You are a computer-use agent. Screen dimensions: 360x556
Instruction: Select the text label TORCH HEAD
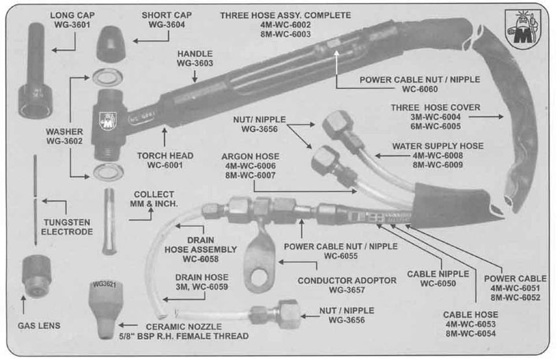click(x=165, y=155)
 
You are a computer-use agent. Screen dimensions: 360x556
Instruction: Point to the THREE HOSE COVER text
click(x=435, y=107)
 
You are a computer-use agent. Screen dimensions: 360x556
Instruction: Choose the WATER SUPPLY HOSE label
click(x=438, y=146)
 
